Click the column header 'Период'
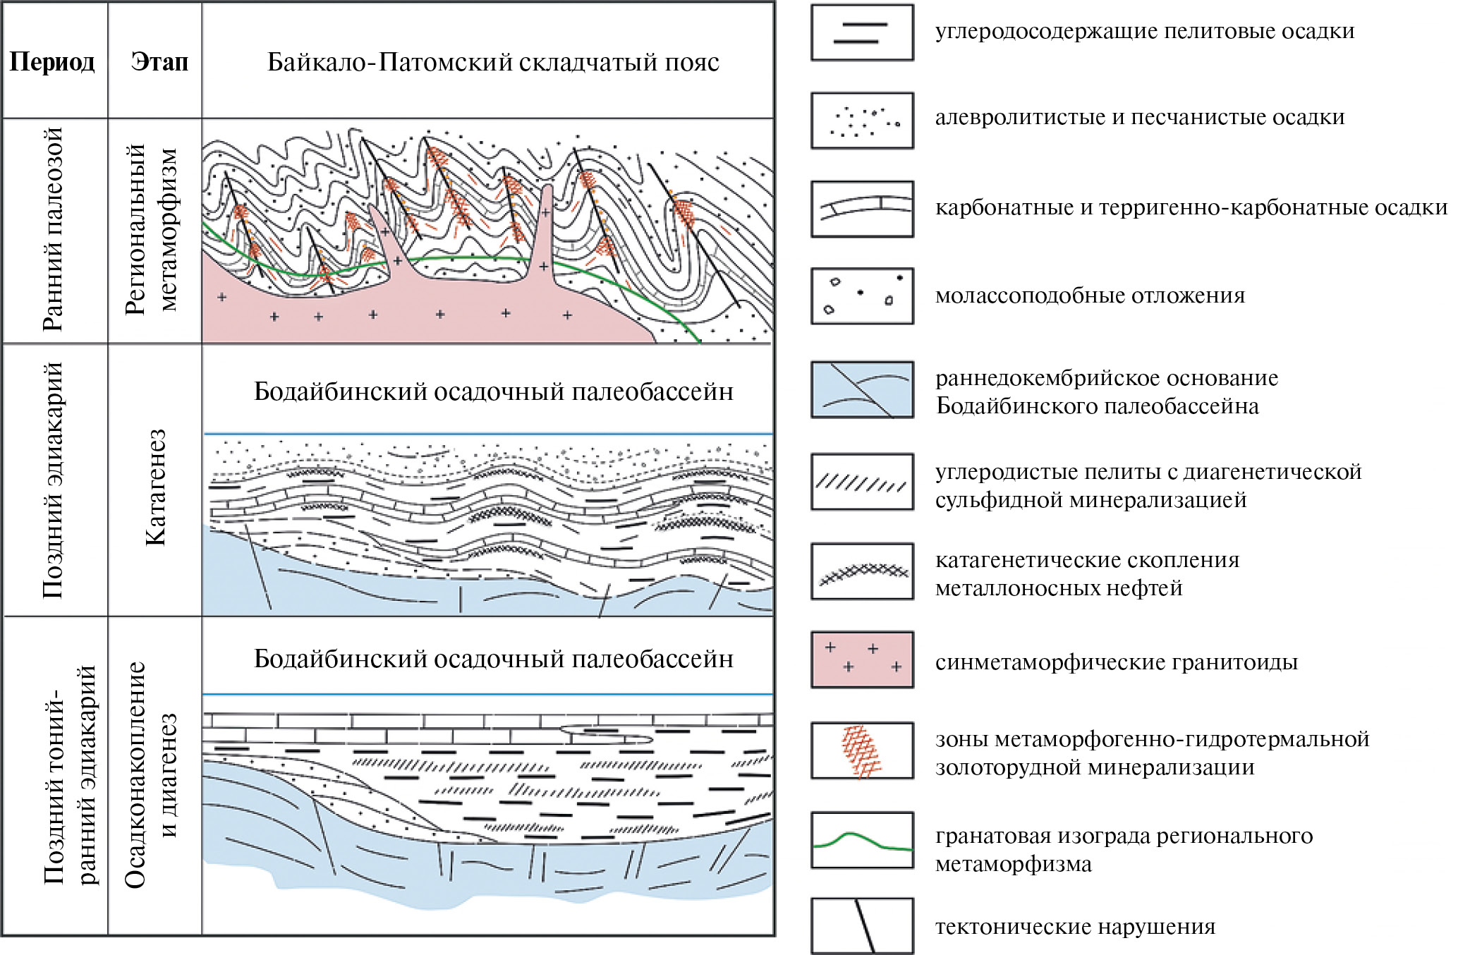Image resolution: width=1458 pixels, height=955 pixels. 52,62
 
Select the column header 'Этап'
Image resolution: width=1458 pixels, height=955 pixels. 159,62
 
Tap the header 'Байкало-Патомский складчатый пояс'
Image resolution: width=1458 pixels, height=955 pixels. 493,62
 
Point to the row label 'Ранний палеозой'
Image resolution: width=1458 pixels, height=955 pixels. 53,230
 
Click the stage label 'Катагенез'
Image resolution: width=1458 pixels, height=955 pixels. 155,487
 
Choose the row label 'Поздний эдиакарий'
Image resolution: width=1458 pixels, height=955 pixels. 53,480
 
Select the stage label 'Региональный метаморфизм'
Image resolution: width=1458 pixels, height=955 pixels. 151,230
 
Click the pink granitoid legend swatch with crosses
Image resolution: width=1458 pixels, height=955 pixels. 862,659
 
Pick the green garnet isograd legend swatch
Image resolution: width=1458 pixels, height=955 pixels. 862,840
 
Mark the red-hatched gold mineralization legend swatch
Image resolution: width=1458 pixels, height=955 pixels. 862,750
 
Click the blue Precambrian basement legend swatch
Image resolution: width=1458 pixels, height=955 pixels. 862,389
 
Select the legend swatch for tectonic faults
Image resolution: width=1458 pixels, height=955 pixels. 862,926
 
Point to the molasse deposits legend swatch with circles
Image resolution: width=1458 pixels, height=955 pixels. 862,296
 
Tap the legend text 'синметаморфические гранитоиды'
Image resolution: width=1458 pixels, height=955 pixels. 1116,662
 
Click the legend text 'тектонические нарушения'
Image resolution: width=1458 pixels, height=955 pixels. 1075,927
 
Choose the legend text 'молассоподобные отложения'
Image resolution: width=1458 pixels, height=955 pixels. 1090,296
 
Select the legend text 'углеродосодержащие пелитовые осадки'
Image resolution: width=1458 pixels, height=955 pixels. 1144,31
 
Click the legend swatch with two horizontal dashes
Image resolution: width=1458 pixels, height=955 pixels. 862,32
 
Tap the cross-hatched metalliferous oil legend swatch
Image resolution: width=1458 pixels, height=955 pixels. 862,571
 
